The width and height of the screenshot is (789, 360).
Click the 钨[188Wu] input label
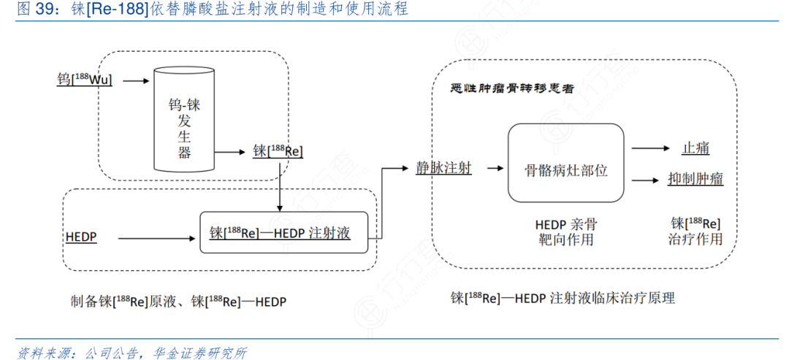(85, 79)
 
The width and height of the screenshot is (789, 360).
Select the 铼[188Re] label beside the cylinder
(278, 150)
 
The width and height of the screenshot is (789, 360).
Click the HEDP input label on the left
(81, 237)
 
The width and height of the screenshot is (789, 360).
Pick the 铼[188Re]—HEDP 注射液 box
(283, 233)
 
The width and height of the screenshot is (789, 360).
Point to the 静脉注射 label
(443, 168)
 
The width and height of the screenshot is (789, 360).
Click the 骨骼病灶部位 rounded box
(566, 163)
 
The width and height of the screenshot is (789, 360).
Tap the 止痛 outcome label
(695, 148)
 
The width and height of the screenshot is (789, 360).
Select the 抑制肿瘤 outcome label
(695, 179)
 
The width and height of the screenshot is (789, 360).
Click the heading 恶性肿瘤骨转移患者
(512, 88)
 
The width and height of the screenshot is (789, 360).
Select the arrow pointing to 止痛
(651, 148)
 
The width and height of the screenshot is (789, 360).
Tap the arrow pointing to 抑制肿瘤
(651, 180)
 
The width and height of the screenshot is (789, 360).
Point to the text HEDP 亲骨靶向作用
(565, 231)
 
